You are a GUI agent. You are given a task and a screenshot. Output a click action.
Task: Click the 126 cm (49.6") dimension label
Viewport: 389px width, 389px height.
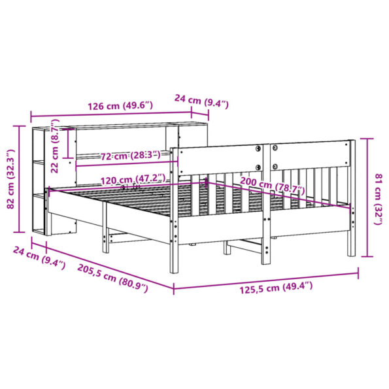[120, 105]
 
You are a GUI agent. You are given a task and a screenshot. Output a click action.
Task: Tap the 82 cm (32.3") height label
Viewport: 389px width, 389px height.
[10, 179]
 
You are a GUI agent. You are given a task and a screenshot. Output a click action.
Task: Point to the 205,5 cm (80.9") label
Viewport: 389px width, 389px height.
[111, 275]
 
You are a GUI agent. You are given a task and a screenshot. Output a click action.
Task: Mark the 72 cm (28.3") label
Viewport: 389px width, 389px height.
[130, 156]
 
